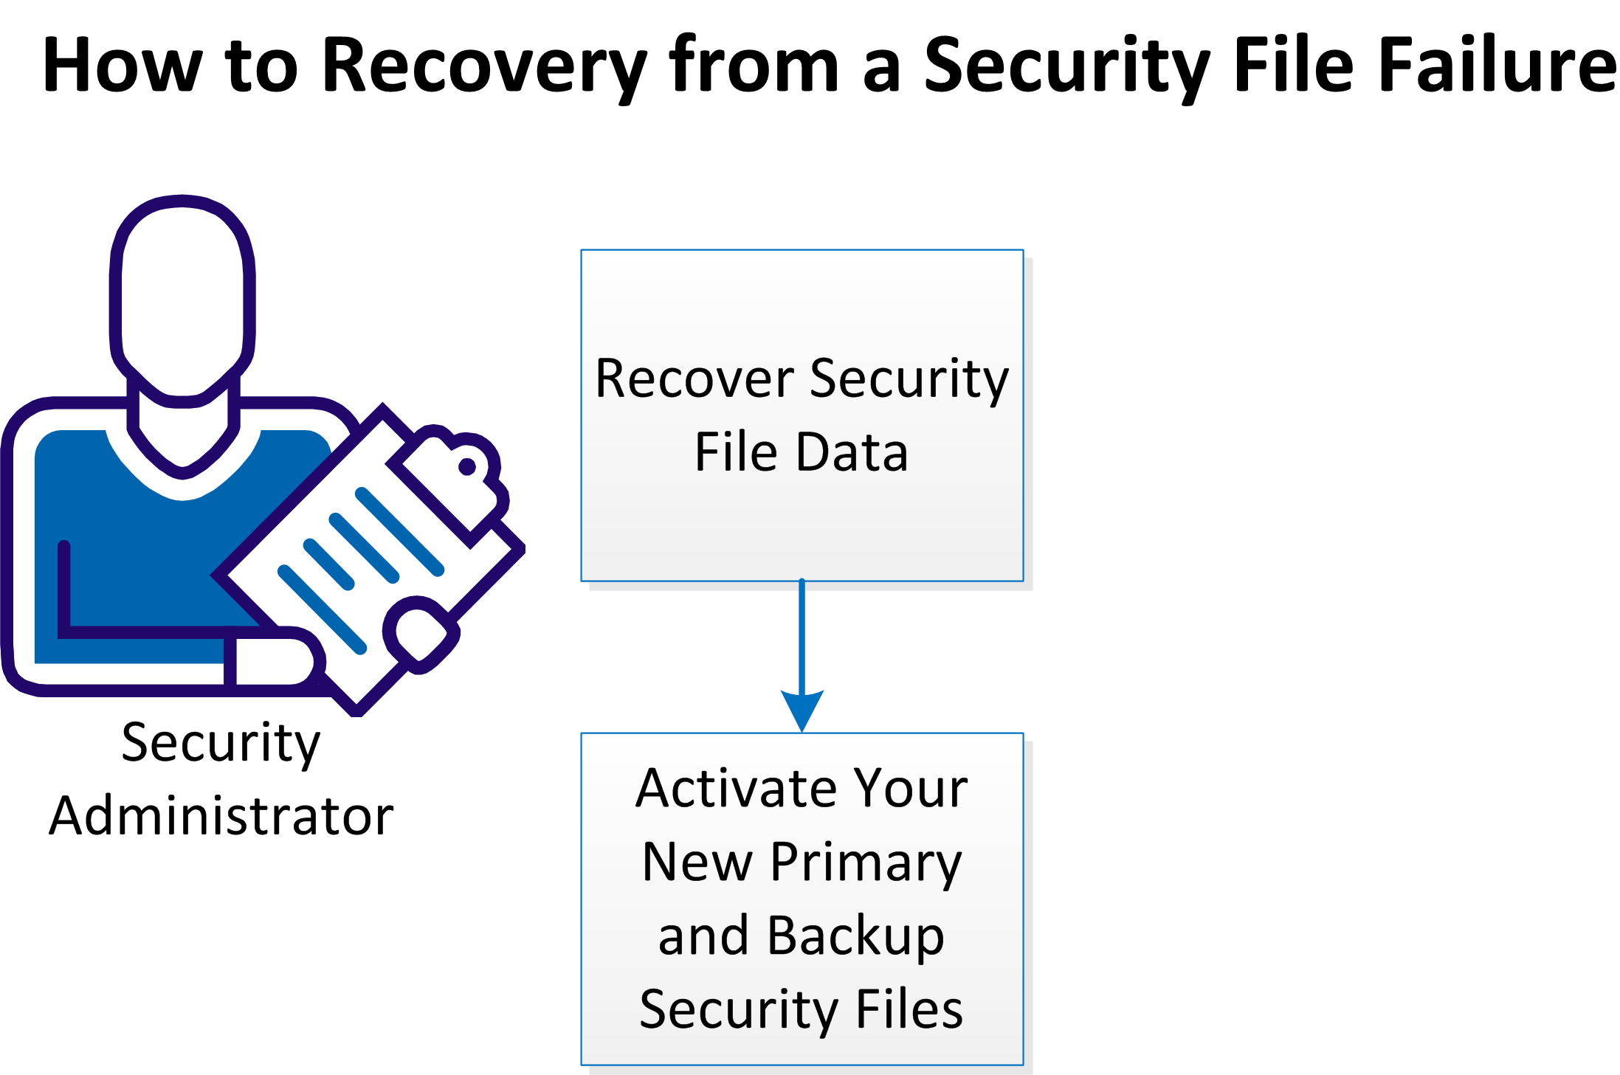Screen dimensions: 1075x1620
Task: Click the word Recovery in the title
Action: pyautogui.click(x=484, y=66)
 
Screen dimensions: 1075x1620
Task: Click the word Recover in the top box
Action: pyautogui.click(x=694, y=379)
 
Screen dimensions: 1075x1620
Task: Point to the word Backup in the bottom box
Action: pyautogui.click(x=855, y=936)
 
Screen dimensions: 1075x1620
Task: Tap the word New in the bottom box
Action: pyautogui.click(x=697, y=863)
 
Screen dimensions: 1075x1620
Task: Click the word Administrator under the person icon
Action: pyautogui.click(x=221, y=816)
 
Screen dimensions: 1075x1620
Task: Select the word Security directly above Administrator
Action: pyautogui.click(x=221, y=744)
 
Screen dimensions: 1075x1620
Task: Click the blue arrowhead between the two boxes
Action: pyautogui.click(x=802, y=709)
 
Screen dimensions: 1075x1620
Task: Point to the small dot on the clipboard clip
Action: pyautogui.click(x=467, y=466)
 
